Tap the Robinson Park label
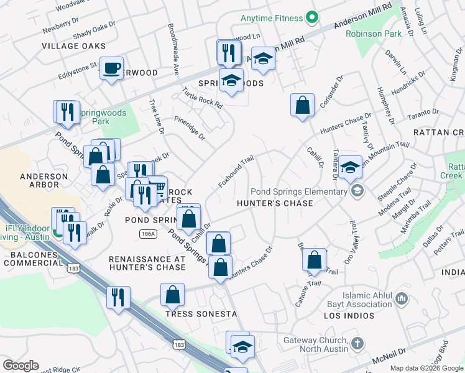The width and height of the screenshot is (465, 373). [x=374, y=34]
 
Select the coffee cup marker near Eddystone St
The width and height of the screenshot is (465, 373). [x=112, y=68]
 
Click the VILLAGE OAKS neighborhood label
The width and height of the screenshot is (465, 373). [x=74, y=46]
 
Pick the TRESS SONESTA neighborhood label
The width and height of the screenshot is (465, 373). [x=201, y=313]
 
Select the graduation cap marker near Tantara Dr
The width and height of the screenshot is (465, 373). [x=351, y=167]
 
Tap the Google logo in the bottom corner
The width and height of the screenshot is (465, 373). [x=21, y=366]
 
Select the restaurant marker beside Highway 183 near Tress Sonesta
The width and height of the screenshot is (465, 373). [x=118, y=297]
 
